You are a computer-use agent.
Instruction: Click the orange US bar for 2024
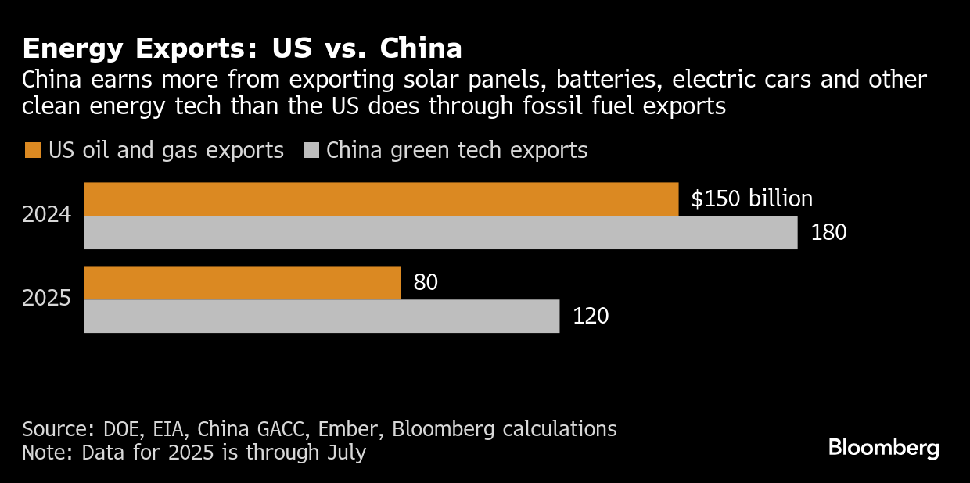(380, 199)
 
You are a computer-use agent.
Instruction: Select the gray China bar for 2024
(440, 233)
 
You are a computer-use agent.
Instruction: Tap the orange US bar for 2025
(242, 282)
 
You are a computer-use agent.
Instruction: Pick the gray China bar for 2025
(322, 316)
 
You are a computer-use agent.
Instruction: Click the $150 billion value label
(752, 199)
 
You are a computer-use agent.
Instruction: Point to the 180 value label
(828, 233)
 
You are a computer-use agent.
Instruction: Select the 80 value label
(426, 282)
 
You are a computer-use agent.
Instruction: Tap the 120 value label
(591, 316)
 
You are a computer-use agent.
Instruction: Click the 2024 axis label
(47, 215)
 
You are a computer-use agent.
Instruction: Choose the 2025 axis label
(47, 299)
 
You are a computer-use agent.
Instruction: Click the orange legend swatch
(32, 150)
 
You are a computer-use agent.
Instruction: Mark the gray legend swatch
(311, 150)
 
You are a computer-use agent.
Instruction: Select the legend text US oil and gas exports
(166, 150)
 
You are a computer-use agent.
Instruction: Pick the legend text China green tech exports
(457, 150)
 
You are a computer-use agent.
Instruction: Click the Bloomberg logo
(883, 449)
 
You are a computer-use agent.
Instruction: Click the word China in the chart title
(421, 48)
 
